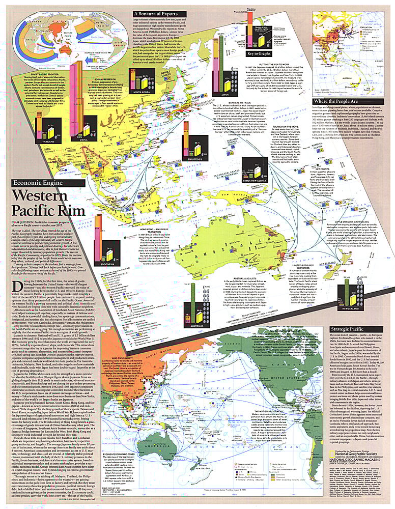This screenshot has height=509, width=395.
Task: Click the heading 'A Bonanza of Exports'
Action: click(159, 14)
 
